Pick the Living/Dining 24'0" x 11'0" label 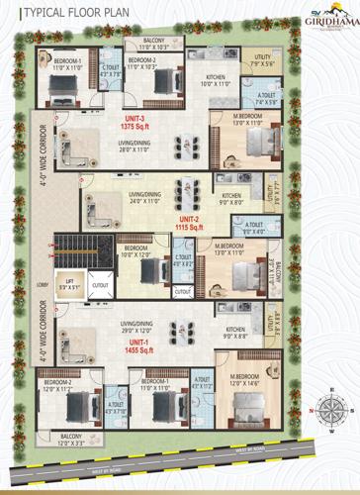[x=143, y=198]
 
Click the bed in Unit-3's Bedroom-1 [x=62, y=89]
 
